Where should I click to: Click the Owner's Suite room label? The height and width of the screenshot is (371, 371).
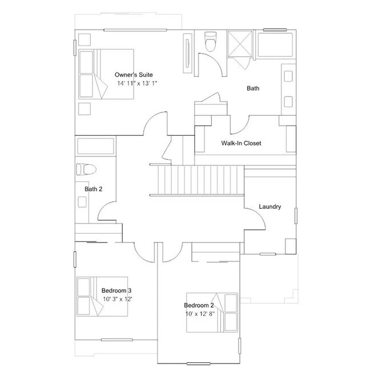(134, 75)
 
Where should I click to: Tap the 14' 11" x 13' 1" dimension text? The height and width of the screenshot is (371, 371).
(137, 83)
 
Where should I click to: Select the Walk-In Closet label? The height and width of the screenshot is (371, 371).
(241, 143)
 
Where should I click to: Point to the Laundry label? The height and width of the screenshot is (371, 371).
(269, 207)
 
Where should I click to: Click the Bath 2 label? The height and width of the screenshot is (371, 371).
(93, 189)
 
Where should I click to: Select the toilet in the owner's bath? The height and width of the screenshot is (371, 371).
(209, 42)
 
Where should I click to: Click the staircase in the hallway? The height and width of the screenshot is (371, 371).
(197, 179)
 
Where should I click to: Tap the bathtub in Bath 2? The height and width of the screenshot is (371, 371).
(96, 146)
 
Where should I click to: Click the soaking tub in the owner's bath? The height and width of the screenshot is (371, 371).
(273, 44)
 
